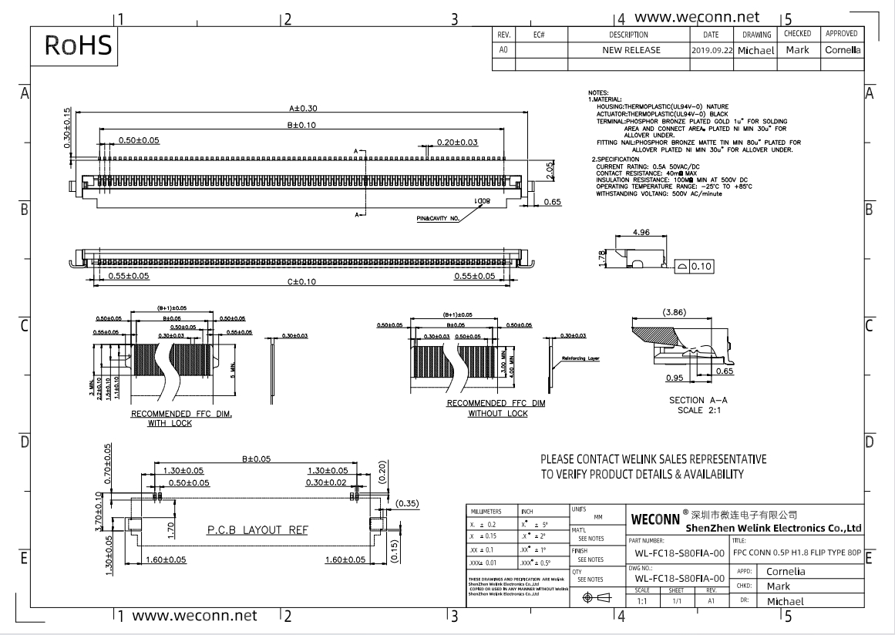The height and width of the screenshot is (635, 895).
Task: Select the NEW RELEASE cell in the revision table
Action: (631, 50)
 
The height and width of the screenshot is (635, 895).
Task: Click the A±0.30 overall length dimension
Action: (302, 109)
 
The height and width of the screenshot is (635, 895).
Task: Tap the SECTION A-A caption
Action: (697, 401)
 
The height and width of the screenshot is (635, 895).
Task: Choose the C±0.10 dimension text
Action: (302, 282)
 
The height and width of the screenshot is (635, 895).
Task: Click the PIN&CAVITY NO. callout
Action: (438, 219)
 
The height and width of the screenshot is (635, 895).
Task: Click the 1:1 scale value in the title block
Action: (641, 600)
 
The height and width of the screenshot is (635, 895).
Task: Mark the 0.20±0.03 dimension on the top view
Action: (457, 142)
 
